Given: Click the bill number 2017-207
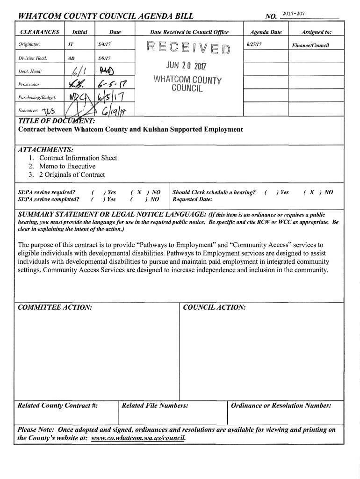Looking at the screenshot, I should click(x=294, y=15).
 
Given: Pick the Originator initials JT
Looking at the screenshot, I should click(x=70, y=44).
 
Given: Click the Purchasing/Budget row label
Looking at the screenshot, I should click(x=37, y=97).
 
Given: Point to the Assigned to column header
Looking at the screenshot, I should click(x=317, y=32).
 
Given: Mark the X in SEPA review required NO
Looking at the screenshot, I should click(x=140, y=192).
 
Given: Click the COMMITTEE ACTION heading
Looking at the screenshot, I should click(x=54, y=307).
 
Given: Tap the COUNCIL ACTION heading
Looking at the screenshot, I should click(x=214, y=307).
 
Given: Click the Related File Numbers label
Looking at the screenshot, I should click(x=155, y=406).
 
